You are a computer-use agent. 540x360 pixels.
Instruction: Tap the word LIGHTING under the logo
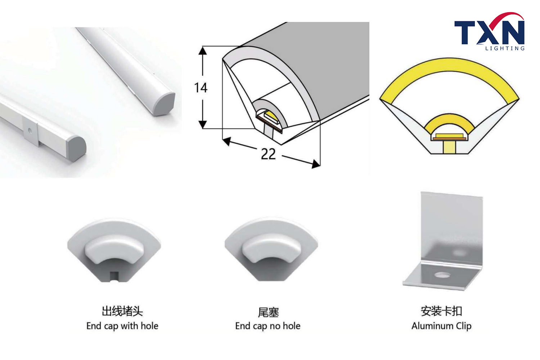click(505, 49)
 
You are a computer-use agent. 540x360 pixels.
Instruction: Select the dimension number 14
click(201, 88)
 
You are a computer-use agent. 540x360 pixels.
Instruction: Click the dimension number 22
click(268, 154)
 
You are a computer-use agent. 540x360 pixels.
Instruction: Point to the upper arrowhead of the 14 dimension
click(202, 51)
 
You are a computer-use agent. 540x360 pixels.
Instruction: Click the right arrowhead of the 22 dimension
click(316, 164)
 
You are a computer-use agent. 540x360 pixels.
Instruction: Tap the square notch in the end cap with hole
click(114, 276)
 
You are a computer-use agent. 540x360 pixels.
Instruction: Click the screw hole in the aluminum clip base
click(442, 275)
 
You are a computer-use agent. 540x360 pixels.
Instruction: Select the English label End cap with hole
click(122, 326)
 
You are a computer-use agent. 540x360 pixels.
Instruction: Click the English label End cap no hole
click(268, 326)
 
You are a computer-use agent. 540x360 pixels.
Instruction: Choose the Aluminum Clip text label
click(441, 326)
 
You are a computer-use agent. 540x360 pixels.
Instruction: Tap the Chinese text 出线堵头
click(122, 311)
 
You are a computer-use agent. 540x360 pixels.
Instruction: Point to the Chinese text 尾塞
click(268, 312)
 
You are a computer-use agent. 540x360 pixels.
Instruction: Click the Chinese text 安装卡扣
click(441, 311)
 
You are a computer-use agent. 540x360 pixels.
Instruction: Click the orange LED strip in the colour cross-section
click(449, 139)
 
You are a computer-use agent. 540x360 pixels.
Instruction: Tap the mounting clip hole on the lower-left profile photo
click(30, 130)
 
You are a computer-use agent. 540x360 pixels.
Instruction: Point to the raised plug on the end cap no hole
click(268, 248)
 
